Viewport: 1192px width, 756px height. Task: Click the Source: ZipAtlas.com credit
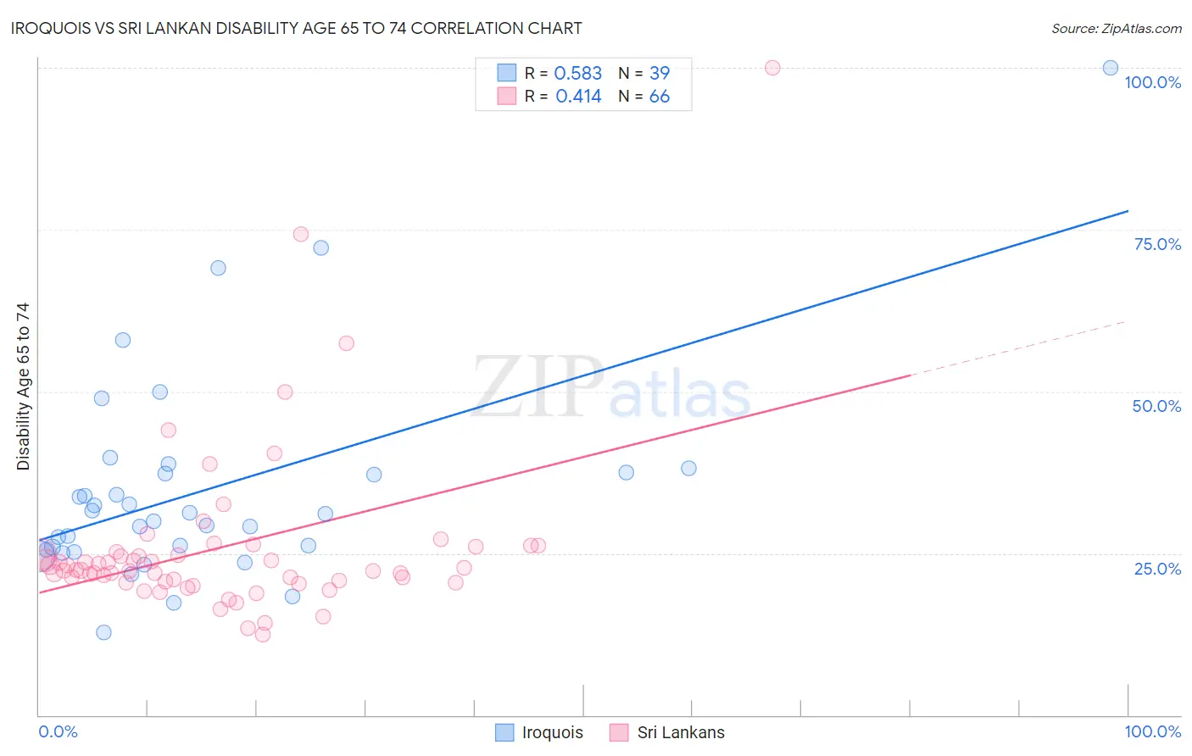click(1116, 29)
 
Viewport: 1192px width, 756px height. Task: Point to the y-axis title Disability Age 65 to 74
click(23, 386)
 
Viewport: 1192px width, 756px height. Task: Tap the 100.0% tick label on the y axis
click(1152, 82)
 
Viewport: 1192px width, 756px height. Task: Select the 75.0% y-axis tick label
click(1157, 244)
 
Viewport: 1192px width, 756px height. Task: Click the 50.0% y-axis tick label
click(1156, 406)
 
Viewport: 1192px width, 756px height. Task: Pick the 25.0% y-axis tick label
click(1157, 568)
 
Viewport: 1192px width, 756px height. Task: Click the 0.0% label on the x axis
click(58, 731)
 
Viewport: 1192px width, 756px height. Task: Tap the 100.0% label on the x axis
click(1152, 731)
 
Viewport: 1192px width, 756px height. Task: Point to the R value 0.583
click(577, 74)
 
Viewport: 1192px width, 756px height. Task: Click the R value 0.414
click(578, 97)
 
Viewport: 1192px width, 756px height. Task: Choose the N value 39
click(660, 74)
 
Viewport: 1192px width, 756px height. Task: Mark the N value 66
click(660, 97)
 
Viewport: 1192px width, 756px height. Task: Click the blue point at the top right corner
click(1110, 68)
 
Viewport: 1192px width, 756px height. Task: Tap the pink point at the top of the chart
click(772, 68)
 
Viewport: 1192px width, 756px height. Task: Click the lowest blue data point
click(103, 632)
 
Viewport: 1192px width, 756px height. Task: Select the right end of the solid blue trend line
click(1127, 211)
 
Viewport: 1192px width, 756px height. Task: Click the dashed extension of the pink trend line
click(1017, 347)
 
